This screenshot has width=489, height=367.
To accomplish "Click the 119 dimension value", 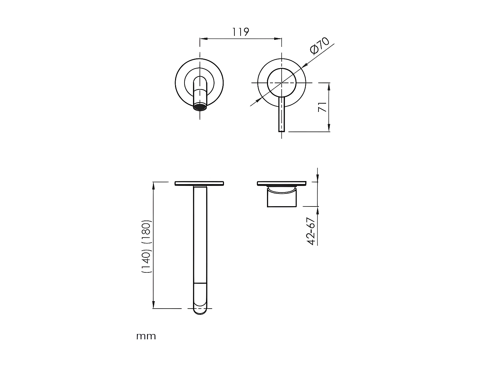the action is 240,32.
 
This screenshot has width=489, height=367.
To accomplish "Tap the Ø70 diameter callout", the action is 320,46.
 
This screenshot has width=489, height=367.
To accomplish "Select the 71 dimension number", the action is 322,107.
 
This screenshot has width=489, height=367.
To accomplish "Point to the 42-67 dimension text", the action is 311,231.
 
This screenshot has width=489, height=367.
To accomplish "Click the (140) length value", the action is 147,262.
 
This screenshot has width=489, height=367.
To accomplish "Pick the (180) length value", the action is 147,232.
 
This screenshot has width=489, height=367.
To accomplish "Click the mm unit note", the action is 146,336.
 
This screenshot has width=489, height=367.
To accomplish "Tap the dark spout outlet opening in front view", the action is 200,107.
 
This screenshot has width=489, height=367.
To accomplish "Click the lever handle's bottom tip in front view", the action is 282,131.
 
